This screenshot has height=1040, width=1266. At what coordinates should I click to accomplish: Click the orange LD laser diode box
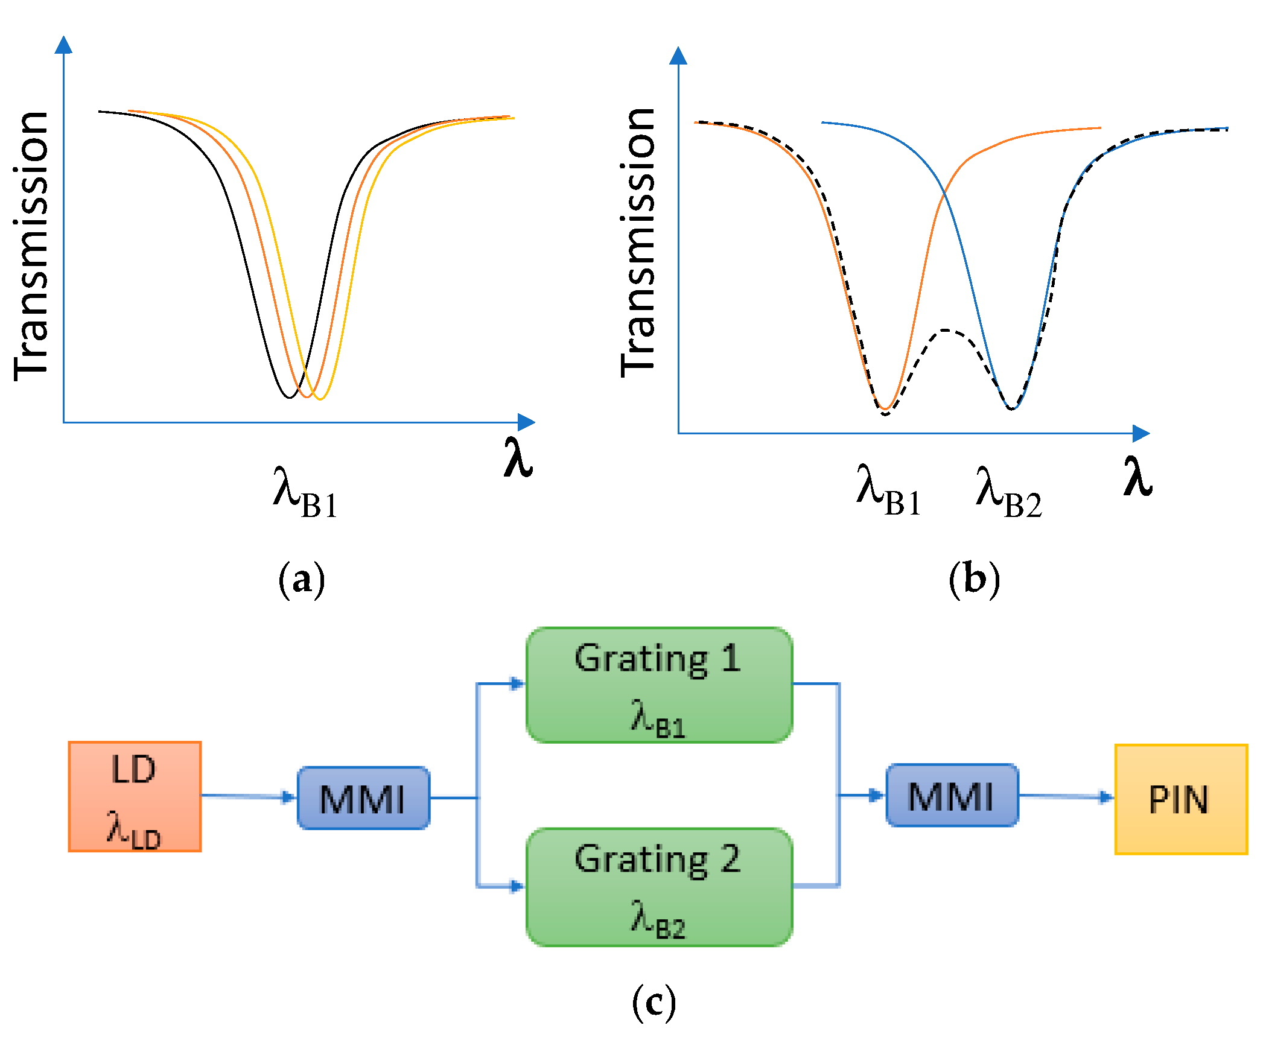pos(135,796)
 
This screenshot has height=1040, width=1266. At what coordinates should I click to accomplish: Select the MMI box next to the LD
pos(363,798)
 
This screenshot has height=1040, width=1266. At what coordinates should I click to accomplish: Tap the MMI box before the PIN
pos(952,795)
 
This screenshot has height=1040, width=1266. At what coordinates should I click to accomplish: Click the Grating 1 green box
pos(659,685)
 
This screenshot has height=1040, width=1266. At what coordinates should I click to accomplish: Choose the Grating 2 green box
pos(659,886)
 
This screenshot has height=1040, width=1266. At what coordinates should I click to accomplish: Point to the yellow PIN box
pos(1180,799)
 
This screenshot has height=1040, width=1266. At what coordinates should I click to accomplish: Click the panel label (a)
pos(301,580)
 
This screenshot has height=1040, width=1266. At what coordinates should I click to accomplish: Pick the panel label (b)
pos(974,580)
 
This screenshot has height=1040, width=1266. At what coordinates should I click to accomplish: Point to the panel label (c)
pos(654,1003)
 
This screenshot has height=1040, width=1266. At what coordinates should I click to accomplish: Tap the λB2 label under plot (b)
pos(1008,492)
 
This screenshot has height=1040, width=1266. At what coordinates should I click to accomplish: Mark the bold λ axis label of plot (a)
pos(518,458)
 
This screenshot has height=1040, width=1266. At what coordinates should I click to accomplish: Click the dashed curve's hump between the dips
pos(946,331)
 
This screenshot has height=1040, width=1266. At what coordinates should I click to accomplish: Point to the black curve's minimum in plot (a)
pos(289,397)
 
